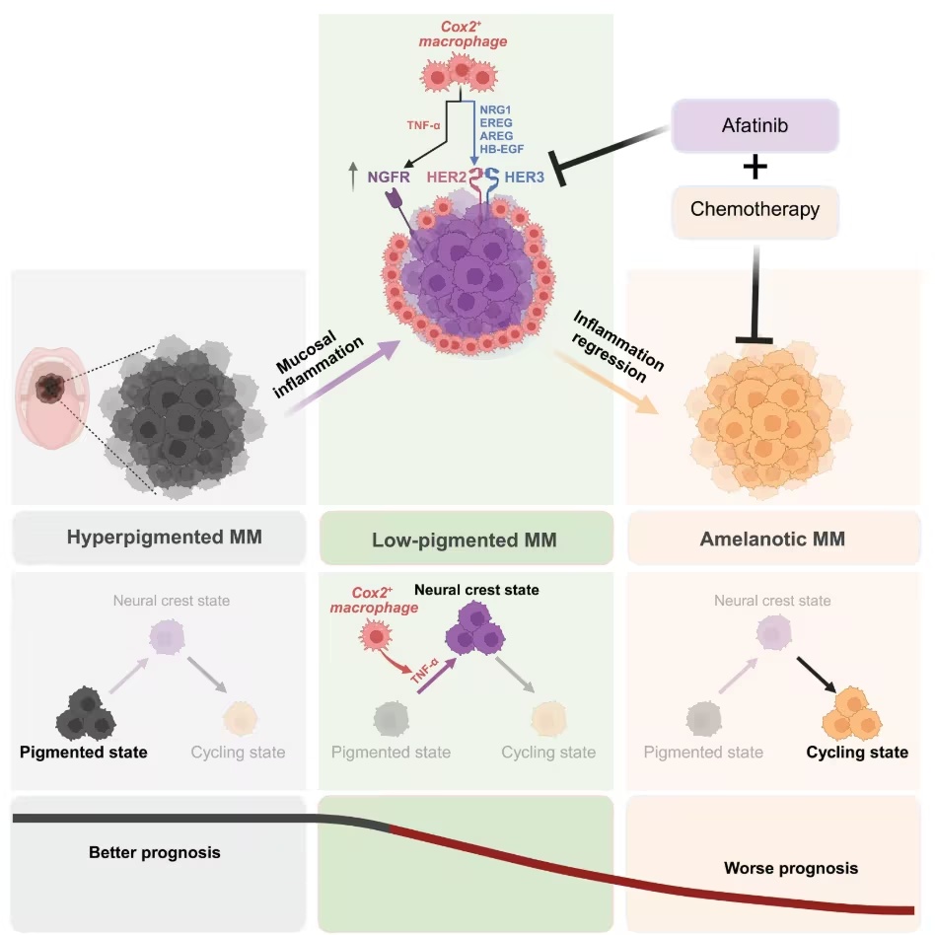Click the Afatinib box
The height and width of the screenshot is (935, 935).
755,128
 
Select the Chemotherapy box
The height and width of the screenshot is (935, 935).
755,209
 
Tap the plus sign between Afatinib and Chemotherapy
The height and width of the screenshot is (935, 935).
755,168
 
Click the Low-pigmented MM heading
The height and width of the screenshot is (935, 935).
464,539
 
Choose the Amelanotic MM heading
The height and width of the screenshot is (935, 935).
771,539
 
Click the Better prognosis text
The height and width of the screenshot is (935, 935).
154,852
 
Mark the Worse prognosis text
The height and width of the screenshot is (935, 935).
791,869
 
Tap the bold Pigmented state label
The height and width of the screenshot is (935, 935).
84,753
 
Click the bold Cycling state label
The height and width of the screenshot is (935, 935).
857,753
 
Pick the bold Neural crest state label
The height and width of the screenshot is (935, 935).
476,591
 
